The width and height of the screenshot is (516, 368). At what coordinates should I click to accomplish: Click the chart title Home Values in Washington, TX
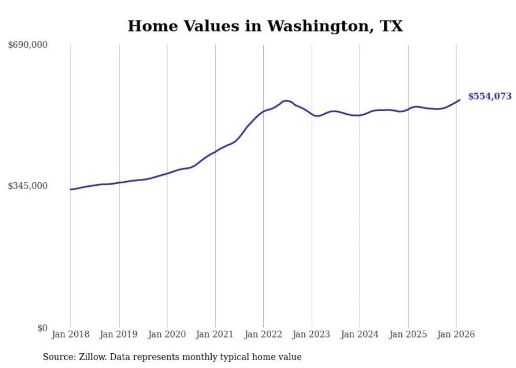tap(265, 26)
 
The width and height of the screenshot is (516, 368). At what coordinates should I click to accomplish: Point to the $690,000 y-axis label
tap(28, 45)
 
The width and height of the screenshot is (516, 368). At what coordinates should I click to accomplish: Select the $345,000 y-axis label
tap(28, 186)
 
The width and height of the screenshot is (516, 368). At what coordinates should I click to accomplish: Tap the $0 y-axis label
tap(42, 328)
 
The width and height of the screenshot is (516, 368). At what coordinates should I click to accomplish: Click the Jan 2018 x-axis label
tap(71, 334)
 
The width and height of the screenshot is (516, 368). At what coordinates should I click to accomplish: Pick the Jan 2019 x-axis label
tap(118, 334)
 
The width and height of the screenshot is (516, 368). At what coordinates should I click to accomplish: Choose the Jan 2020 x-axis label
tap(167, 334)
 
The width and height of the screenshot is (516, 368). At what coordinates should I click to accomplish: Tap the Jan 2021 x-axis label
tap(215, 334)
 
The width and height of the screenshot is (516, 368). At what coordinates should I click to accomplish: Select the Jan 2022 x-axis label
tap(263, 334)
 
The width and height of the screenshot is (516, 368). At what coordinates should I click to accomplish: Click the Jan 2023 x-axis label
tap(311, 334)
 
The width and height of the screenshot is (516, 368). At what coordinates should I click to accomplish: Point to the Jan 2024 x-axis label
tap(360, 334)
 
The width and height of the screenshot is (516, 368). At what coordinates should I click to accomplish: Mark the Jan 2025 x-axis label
tap(408, 334)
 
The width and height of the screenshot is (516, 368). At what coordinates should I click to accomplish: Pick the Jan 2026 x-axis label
tap(456, 334)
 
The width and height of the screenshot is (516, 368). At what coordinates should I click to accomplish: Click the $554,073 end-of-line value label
tap(490, 96)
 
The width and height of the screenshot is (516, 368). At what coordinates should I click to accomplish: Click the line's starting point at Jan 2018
tap(71, 190)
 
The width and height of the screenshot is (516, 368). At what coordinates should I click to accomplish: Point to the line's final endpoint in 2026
tap(460, 100)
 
